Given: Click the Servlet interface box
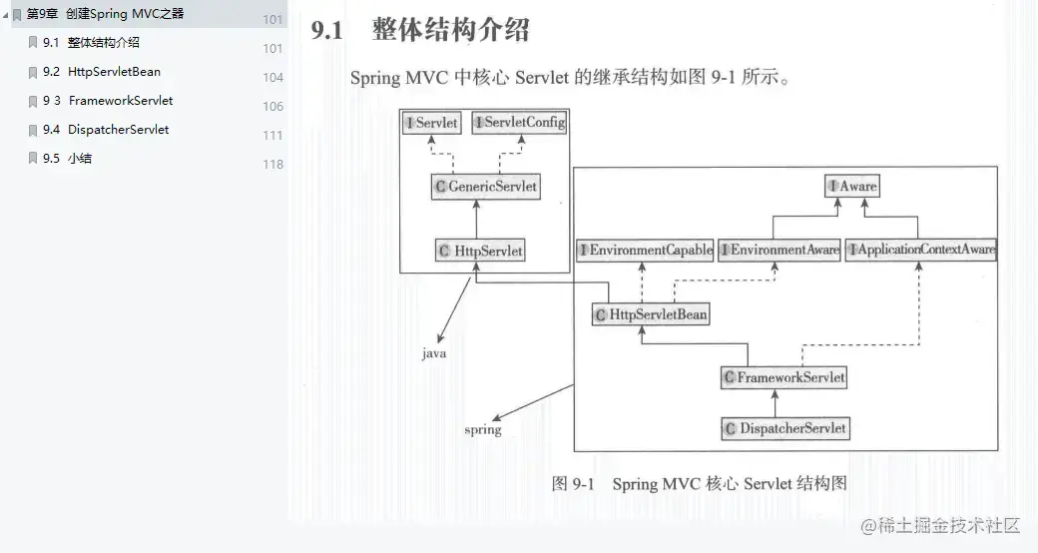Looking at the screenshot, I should tap(432, 123).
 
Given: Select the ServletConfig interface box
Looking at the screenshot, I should tap(519, 123).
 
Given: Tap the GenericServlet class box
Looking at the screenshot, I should tap(486, 186).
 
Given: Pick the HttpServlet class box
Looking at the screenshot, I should tap(481, 252).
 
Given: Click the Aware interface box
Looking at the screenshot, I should tap(852, 186).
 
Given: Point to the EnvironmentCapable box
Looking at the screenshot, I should tap(645, 251).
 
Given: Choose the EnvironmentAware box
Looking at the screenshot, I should tap(779, 251).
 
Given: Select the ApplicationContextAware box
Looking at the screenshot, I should tap(921, 251).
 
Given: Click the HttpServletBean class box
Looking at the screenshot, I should tap(651, 314).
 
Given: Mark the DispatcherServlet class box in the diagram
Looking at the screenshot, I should tap(785, 428).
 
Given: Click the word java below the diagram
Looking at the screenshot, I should tap(434, 353).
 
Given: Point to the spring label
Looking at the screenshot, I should tap(483, 430).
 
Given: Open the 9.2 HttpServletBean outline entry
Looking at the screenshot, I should tap(114, 72).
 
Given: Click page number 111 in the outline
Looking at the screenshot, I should tap(272, 136).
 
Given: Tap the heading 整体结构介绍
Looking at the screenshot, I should tap(450, 31).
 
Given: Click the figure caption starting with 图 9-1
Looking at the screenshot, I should tap(699, 484).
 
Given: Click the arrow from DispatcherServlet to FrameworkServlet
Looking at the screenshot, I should tap(785, 402).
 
